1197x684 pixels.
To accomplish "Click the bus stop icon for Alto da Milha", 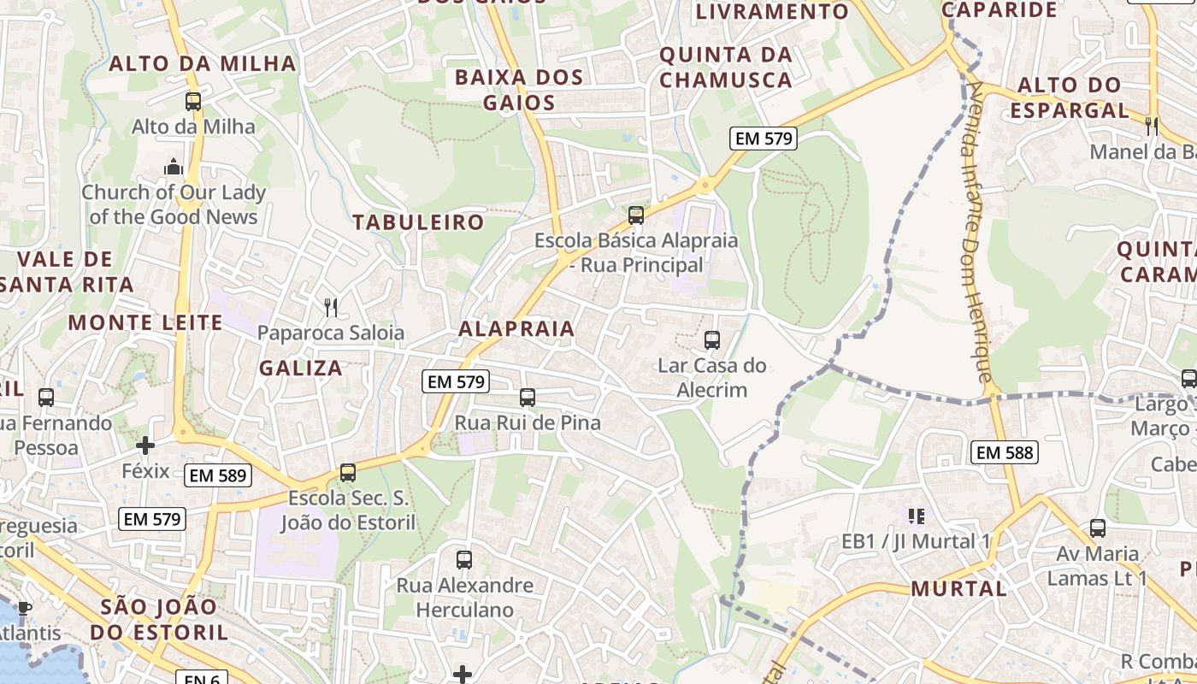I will point(193,102).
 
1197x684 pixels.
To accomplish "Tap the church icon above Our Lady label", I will point(174,166).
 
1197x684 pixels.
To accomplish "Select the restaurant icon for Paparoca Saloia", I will point(331,308).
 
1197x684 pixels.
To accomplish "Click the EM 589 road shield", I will point(218,475).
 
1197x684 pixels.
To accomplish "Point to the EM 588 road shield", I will point(1005,452).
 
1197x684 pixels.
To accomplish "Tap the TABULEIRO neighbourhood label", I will point(419,222).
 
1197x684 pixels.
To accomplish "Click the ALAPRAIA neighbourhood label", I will point(516,328).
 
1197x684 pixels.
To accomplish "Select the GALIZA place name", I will point(301,369).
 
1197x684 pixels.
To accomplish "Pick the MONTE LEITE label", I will point(145,322).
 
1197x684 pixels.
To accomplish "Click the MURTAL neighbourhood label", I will point(958,588).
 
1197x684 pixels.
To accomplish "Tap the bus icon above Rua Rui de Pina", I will point(528,398).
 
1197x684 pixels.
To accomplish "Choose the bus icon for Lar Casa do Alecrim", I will point(712,340).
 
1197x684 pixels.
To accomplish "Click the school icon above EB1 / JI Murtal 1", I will point(917,516).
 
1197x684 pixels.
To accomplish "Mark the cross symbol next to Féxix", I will point(145,445).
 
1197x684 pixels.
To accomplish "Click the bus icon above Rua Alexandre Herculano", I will point(464,560).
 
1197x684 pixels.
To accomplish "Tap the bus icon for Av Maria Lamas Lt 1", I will point(1098,528).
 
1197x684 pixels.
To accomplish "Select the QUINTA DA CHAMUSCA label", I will point(726,68).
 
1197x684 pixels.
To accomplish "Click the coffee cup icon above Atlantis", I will point(24,608).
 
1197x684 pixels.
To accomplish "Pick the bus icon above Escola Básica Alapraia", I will point(636,215).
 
